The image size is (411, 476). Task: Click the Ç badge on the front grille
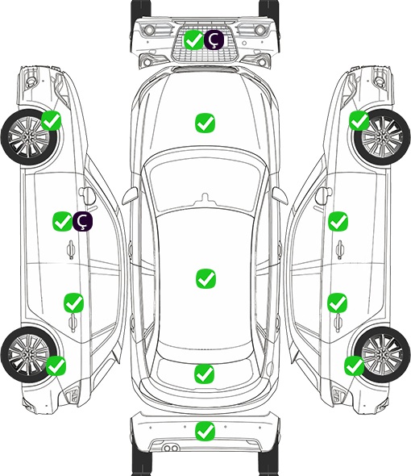(x=214, y=40)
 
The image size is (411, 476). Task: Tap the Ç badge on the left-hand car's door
(x=82, y=221)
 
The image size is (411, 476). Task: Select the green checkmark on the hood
(x=205, y=123)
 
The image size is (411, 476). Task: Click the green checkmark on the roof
(x=205, y=278)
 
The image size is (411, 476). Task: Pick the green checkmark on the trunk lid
(x=204, y=374)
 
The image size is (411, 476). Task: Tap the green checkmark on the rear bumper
(x=205, y=431)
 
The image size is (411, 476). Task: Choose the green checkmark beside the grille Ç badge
(x=193, y=40)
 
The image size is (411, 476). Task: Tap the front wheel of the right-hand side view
(x=382, y=137)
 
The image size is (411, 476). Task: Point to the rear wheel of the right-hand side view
(x=382, y=354)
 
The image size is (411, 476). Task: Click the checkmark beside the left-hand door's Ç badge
(x=62, y=221)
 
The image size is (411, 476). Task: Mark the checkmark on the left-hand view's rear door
(x=73, y=303)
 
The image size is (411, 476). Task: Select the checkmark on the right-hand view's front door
(x=338, y=221)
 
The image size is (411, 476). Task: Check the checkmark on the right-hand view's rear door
(x=338, y=303)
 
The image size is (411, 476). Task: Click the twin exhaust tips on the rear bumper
(x=171, y=449)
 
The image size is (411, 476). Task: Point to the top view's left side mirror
(x=130, y=196)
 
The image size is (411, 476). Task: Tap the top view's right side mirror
(x=280, y=196)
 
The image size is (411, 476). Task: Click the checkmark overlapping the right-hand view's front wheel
(x=359, y=120)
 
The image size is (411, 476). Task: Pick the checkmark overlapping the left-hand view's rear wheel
(x=56, y=365)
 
